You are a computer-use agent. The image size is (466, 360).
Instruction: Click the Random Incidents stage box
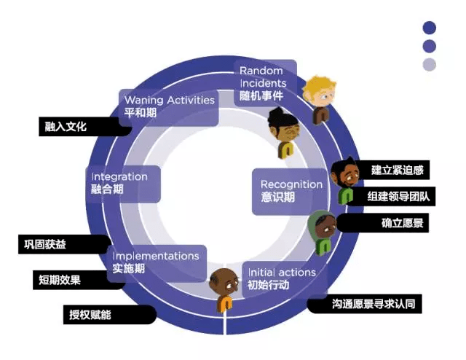265,83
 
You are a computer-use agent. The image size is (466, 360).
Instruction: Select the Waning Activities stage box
168,107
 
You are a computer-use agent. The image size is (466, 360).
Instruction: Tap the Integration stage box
123,184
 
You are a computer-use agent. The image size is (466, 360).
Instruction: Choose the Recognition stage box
291,192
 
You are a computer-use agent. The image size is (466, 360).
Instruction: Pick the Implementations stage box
157,263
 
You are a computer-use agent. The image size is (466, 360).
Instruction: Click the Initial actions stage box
285,280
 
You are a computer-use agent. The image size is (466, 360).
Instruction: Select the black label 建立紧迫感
392,170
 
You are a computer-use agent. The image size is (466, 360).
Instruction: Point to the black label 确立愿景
383,223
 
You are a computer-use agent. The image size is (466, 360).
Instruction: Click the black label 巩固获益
64,244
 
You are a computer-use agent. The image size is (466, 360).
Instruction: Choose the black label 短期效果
79,280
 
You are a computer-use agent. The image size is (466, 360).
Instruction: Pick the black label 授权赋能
110,315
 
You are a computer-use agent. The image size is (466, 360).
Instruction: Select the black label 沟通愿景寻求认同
364,304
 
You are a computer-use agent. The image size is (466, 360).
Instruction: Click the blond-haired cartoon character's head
320,92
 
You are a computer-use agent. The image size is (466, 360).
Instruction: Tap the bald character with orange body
224,289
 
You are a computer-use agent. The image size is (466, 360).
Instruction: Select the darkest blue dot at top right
430,28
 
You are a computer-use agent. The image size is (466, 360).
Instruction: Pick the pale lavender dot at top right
430,65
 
